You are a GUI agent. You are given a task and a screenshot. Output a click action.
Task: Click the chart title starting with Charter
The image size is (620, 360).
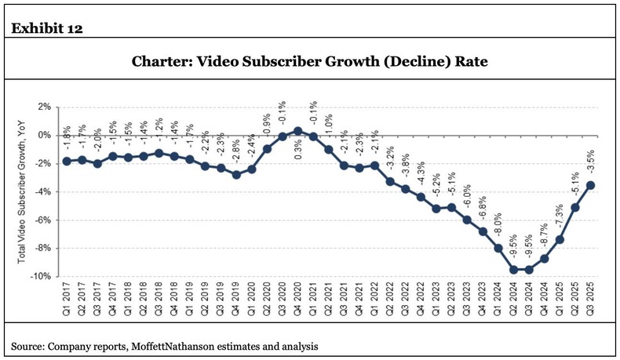[x=310, y=61]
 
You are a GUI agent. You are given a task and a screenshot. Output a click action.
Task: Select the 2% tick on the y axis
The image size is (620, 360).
[x=44, y=107]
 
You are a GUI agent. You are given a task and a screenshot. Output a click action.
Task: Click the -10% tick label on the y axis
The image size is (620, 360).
[x=41, y=277]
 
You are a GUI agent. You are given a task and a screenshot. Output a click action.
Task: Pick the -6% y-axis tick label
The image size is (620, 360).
[x=42, y=220]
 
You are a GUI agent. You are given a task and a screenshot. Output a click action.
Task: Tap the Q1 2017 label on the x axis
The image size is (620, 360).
[x=67, y=300]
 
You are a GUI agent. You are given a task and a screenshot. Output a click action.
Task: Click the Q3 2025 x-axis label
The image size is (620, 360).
[x=589, y=300]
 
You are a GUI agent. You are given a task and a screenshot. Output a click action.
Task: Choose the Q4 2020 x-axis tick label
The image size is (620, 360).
[x=298, y=300]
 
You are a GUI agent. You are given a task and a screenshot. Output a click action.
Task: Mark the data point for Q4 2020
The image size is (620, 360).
[x=298, y=131]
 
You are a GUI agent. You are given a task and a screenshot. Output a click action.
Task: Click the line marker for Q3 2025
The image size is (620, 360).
[x=589, y=185]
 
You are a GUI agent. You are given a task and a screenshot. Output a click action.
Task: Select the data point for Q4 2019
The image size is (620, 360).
[x=236, y=174]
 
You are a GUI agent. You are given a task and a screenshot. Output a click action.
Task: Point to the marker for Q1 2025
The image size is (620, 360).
[x=560, y=239]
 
